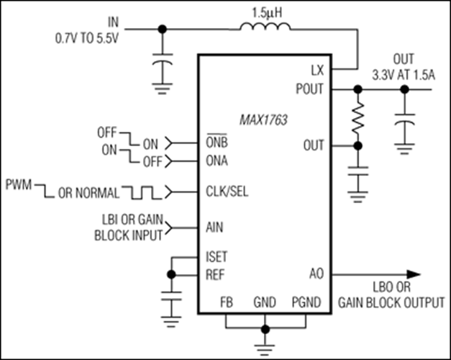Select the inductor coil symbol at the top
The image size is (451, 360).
(265, 29)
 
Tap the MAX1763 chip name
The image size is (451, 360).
(264, 120)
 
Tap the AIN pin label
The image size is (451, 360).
(214, 228)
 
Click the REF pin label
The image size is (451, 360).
(214, 274)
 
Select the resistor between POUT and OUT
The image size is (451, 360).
(357, 118)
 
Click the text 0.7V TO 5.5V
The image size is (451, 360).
(86, 34)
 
